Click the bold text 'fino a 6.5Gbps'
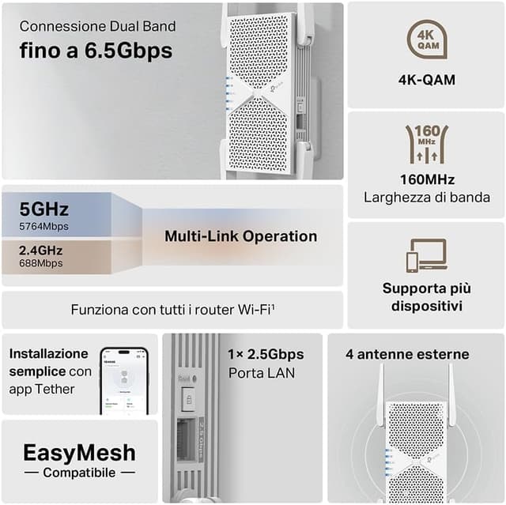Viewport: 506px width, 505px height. pyautogui.click(x=96, y=51)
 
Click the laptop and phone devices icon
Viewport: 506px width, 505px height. pyautogui.click(x=426, y=256)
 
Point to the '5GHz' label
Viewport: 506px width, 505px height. pyautogui.click(x=44, y=209)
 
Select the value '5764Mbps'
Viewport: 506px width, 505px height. pyautogui.click(x=44, y=227)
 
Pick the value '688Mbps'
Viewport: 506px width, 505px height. pyautogui.click(x=41, y=263)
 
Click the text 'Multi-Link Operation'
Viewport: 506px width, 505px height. pyautogui.click(x=240, y=236)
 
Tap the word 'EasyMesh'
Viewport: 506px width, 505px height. pyautogui.click(x=79, y=453)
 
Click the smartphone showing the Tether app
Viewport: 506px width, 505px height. pyautogui.click(x=124, y=380)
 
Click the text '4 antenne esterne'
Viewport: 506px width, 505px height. pyautogui.click(x=407, y=354)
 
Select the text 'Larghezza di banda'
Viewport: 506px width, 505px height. pyautogui.click(x=426, y=198)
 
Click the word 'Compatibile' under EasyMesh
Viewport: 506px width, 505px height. pyautogui.click(x=79, y=473)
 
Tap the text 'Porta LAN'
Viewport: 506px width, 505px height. pyautogui.click(x=261, y=372)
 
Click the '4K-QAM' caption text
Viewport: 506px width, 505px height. pyautogui.click(x=426, y=80)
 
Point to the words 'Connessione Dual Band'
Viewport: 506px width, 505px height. pyautogui.click(x=97, y=27)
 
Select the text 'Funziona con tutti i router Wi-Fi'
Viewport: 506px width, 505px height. pyautogui.click(x=172, y=310)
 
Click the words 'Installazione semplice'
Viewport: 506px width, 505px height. pyautogui.click(x=49, y=362)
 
